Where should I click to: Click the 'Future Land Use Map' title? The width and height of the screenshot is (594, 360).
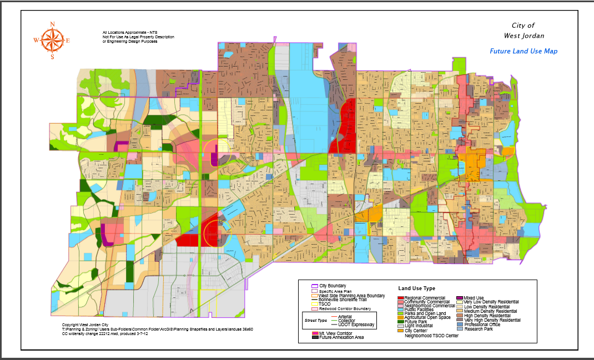pos(523,51)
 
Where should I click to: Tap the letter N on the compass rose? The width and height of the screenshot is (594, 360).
pos(52,24)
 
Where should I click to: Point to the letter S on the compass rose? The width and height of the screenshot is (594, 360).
pos(52,57)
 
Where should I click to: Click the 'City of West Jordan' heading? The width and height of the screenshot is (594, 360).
pos(523,31)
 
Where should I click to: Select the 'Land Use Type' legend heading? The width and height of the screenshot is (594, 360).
pos(417,288)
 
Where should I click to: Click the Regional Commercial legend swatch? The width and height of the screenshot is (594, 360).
pos(401,298)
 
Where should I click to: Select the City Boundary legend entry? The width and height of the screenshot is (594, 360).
pos(333,286)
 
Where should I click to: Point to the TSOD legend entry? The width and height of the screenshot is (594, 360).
pos(325,303)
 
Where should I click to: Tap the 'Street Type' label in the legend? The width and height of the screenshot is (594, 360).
pos(315,321)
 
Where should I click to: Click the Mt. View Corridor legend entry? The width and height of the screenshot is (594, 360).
pos(334,333)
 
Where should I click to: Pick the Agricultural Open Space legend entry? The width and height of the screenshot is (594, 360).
pos(427,317)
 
